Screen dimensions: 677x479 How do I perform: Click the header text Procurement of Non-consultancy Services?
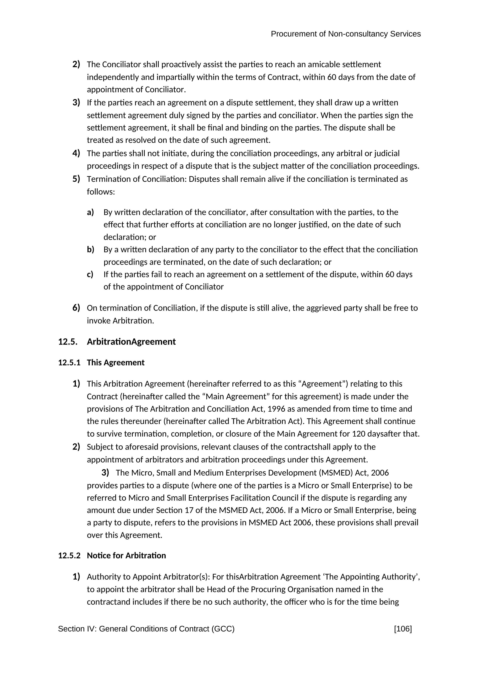[x=345, y=34]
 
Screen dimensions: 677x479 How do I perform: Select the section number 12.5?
[x=68, y=342]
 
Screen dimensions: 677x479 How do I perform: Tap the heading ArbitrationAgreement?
[x=131, y=342]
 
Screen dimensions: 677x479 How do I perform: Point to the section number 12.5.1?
[x=69, y=363]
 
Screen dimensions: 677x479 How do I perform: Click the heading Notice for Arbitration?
[x=126, y=556]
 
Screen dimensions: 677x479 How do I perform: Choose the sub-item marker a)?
[x=90, y=212]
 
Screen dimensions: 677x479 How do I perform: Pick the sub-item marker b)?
[x=90, y=250]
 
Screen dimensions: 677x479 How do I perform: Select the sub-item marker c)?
[x=90, y=274]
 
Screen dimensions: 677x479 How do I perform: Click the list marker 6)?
[x=76, y=308]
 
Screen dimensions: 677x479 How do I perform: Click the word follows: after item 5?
[x=101, y=192]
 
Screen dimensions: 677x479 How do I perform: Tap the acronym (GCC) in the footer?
[x=223, y=629]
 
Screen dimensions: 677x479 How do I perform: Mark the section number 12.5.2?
[x=69, y=556]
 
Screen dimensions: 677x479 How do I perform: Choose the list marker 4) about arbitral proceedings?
[x=76, y=153]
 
